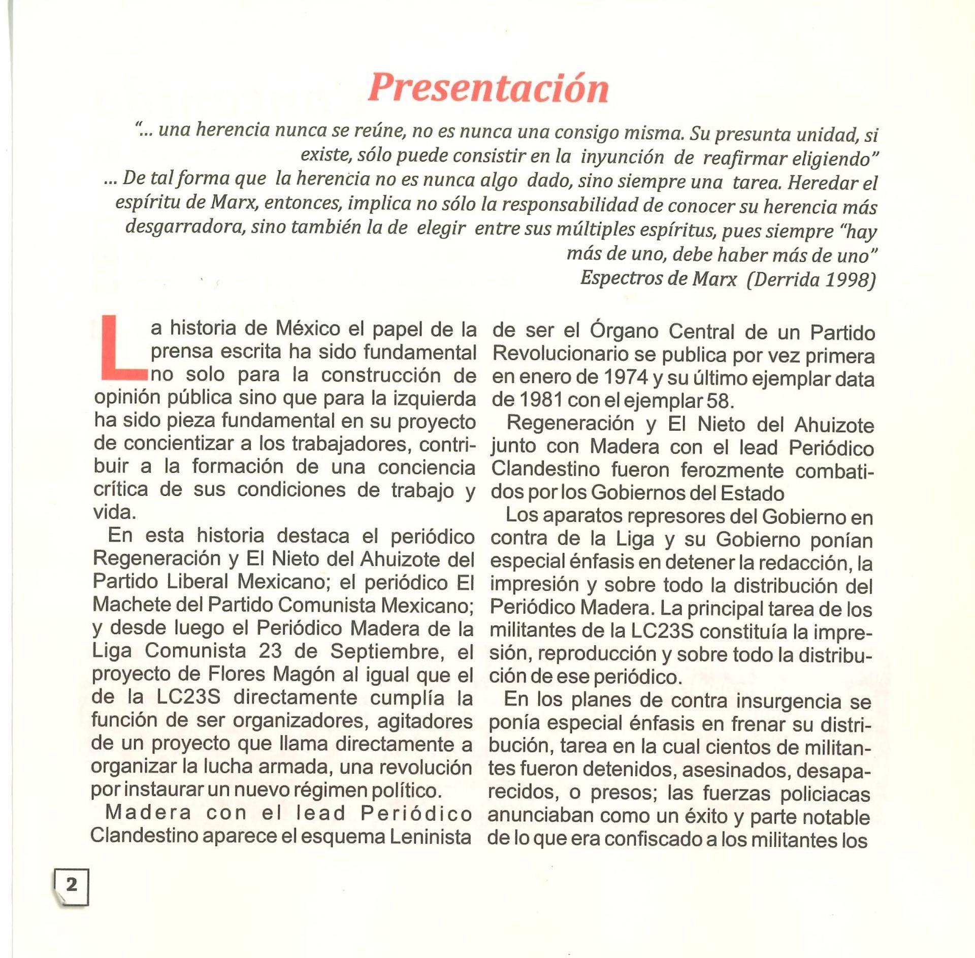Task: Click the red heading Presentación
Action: (x=488, y=87)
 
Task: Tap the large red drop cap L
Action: (x=122, y=348)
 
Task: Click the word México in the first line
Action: (x=308, y=329)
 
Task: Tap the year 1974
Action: (x=626, y=378)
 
